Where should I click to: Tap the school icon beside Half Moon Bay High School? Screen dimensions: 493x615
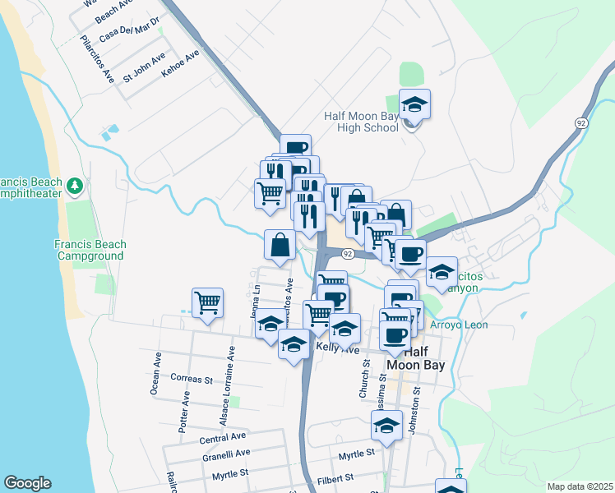(x=415, y=104)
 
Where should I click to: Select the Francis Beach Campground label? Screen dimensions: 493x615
(x=90, y=250)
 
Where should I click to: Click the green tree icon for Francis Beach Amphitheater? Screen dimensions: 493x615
(x=76, y=186)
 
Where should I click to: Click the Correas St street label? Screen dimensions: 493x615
(x=192, y=380)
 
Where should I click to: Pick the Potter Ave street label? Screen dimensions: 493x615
(x=185, y=412)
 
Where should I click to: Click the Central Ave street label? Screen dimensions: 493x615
(x=223, y=437)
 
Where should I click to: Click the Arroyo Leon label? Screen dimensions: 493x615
(x=459, y=325)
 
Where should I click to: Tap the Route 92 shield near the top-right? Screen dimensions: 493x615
(x=580, y=122)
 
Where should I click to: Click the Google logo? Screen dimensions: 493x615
(x=27, y=483)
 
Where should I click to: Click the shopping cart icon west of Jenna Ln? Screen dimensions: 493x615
(x=208, y=302)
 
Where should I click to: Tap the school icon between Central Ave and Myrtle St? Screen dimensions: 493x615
(x=386, y=425)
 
